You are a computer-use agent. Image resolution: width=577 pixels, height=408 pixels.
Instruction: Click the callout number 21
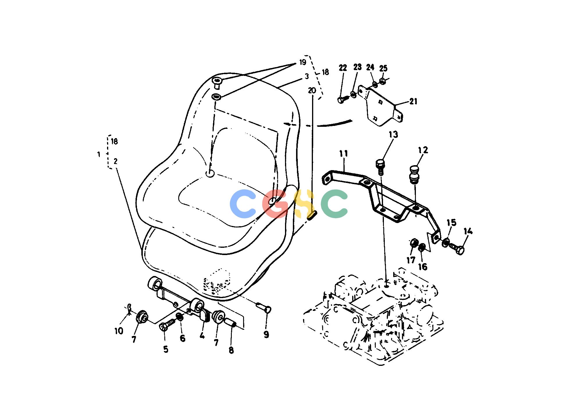(413, 101)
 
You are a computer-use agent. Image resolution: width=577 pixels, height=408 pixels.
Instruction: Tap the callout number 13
(393, 135)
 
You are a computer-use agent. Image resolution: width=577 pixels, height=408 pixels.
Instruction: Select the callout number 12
(423, 150)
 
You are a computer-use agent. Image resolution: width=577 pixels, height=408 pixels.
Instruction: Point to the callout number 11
(343, 154)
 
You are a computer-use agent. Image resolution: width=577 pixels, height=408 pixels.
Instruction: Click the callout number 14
(468, 232)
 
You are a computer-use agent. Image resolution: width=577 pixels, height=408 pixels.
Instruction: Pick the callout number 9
(266, 335)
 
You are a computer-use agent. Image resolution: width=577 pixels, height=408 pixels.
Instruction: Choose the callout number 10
(119, 331)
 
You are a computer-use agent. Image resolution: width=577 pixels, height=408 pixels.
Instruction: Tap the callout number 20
(311, 90)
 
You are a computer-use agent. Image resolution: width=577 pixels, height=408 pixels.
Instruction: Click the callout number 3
(307, 76)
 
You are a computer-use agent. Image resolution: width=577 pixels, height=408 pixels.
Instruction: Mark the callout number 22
(343, 68)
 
